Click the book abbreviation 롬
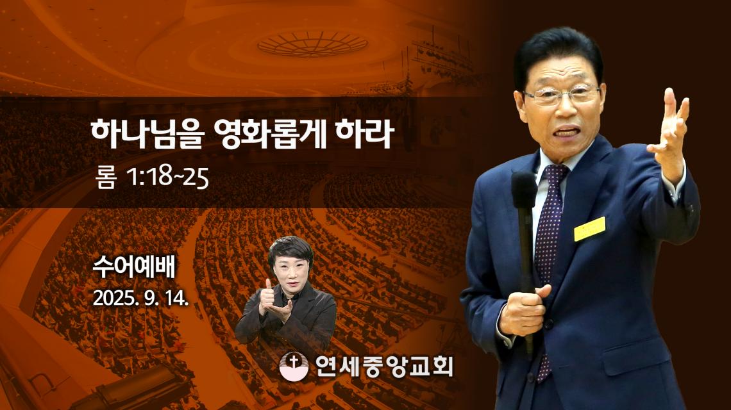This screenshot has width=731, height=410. pyautogui.click(x=105, y=178)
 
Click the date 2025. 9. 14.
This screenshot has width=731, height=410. pyautogui.click(x=141, y=298)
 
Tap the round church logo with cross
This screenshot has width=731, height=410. pyautogui.click(x=294, y=366)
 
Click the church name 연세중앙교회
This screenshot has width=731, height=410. pyautogui.click(x=383, y=366)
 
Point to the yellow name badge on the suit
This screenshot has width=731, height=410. pyautogui.click(x=589, y=229)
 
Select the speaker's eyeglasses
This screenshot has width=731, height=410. pyautogui.click(x=562, y=95)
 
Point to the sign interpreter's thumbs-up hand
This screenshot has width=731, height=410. pyautogui.click(x=267, y=297)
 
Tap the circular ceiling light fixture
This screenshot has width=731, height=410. pyautogui.click(x=312, y=44)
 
